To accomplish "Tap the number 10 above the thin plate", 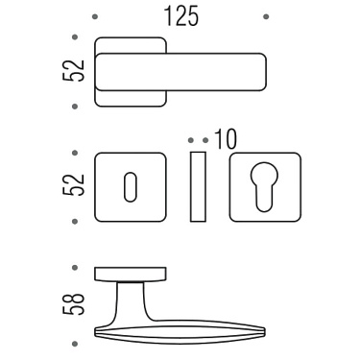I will [226, 138].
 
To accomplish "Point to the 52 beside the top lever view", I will [80, 70].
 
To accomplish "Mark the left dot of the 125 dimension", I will [94, 17].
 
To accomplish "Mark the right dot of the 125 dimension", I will [265, 17].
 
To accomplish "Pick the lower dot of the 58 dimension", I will [75, 343].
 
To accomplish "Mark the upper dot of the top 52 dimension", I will [75, 38].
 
